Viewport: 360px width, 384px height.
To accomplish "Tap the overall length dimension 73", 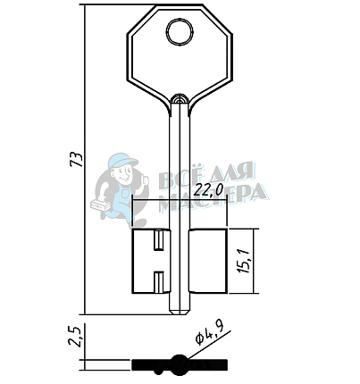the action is [76, 160].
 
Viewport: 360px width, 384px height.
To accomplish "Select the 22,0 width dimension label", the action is [208, 190].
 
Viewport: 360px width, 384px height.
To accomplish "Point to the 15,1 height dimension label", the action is [244, 261].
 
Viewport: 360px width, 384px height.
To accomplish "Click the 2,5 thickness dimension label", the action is [74, 337].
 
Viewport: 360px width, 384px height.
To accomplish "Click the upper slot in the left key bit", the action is [159, 240].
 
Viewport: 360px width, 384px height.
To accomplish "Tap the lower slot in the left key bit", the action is [159, 281].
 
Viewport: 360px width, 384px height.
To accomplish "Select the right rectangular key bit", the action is [208, 261].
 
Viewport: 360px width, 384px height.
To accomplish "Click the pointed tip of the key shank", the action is [180, 313].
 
